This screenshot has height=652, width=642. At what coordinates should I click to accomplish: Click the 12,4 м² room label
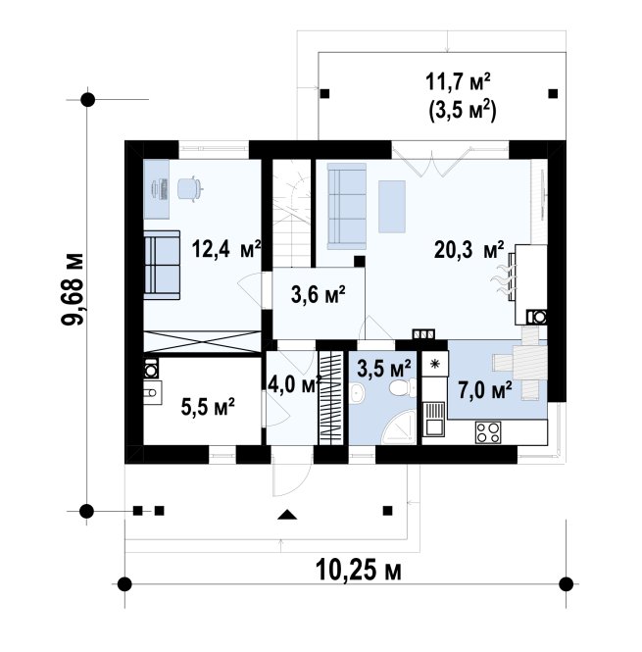(226, 249)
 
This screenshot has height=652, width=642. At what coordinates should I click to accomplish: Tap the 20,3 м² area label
(469, 250)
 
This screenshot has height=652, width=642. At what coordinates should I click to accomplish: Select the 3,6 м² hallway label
(319, 294)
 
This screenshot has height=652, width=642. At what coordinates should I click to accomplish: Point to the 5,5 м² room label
(208, 406)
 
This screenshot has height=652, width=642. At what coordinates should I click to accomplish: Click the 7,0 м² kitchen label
(484, 390)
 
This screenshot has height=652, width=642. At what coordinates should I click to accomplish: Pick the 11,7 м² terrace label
(458, 82)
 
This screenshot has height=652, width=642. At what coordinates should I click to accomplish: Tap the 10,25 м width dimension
(359, 570)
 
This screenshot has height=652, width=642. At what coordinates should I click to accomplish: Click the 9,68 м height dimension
(74, 289)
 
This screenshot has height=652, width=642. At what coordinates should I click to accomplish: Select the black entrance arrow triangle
(287, 515)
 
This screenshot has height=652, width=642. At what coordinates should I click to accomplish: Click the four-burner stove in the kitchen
(488, 431)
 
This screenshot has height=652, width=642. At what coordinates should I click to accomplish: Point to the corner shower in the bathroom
(399, 427)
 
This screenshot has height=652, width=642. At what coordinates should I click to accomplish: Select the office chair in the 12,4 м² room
(189, 189)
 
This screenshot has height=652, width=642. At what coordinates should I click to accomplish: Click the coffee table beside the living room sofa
(392, 206)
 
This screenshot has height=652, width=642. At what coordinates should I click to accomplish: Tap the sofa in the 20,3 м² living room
(347, 206)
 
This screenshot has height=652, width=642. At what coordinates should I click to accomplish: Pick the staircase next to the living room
(291, 213)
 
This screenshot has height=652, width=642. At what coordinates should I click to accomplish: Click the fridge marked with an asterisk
(435, 364)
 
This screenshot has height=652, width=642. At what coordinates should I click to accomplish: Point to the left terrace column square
(324, 93)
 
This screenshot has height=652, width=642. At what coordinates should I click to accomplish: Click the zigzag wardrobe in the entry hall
(330, 398)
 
